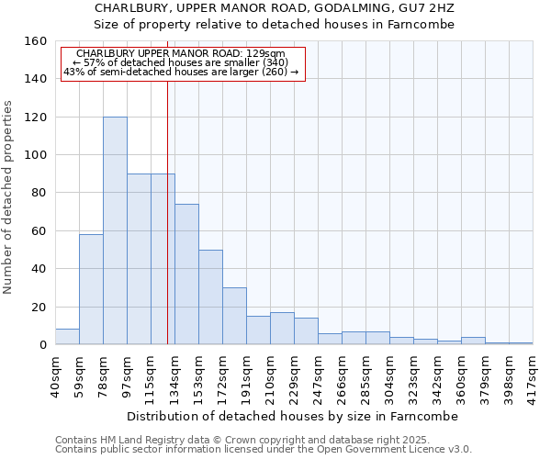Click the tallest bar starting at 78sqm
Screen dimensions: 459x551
(x=115, y=230)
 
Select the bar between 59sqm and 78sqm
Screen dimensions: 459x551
(x=91, y=289)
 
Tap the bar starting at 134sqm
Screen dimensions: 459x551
(x=186, y=274)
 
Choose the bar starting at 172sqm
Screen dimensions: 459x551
(x=234, y=316)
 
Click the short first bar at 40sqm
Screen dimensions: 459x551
(x=67, y=337)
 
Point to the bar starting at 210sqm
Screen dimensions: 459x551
(x=282, y=329)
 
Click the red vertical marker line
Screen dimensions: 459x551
(x=167, y=211)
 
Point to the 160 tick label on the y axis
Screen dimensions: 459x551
(x=36, y=41)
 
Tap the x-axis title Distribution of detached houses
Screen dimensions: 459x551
(x=292, y=416)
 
